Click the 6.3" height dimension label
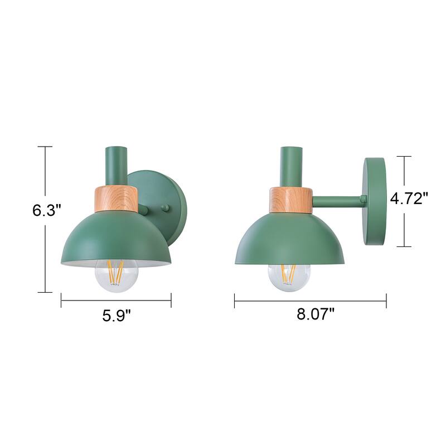(46, 210)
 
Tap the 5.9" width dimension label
(116, 316)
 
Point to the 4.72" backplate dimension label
(409, 198)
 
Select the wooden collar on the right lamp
(289, 200)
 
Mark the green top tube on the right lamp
(292, 166)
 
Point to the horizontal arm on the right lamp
(337, 198)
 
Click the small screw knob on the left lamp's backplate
(164, 208)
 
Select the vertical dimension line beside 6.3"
(45, 251)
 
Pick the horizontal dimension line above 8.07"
(310, 301)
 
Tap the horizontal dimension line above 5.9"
(116, 301)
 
